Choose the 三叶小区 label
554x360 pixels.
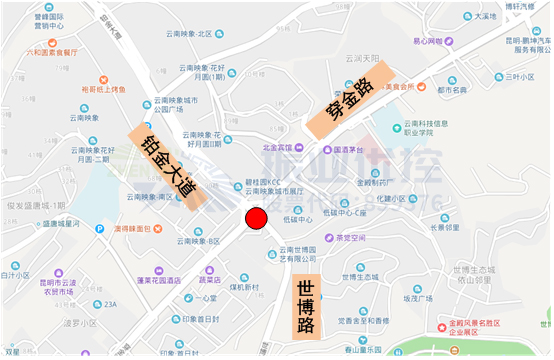[519, 76]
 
